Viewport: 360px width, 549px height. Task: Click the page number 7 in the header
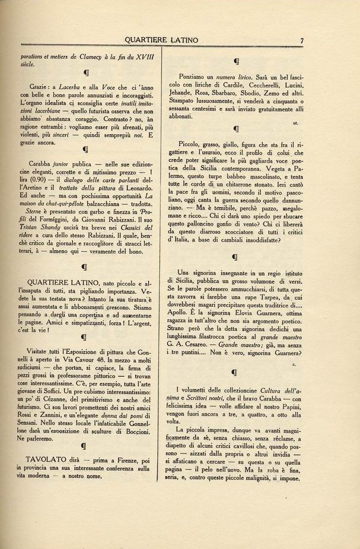click(302, 40)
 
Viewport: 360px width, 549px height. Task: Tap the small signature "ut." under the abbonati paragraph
click(295, 123)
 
